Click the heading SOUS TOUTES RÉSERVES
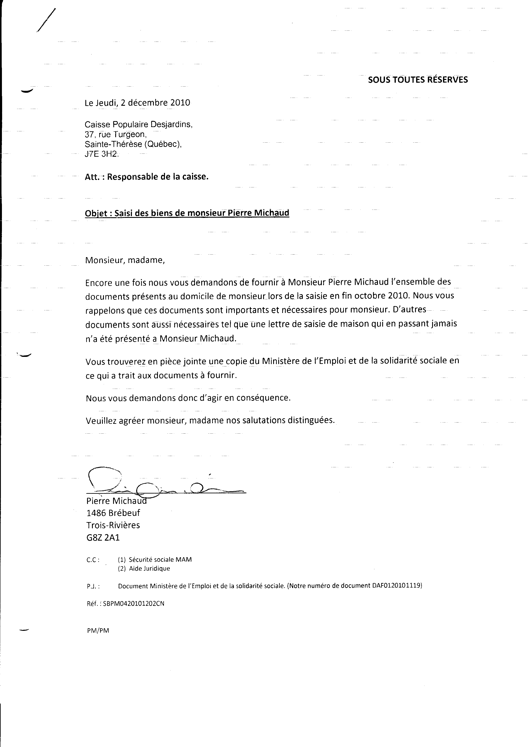[418, 80]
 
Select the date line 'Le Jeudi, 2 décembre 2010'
[137, 103]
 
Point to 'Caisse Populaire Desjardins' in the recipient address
[138, 125]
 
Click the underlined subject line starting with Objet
[187, 213]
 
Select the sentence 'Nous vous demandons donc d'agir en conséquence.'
[188, 398]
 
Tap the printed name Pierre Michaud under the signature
[116, 501]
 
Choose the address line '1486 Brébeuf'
[113, 513]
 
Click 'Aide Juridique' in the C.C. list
[149, 568]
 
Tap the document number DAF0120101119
[396, 586]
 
